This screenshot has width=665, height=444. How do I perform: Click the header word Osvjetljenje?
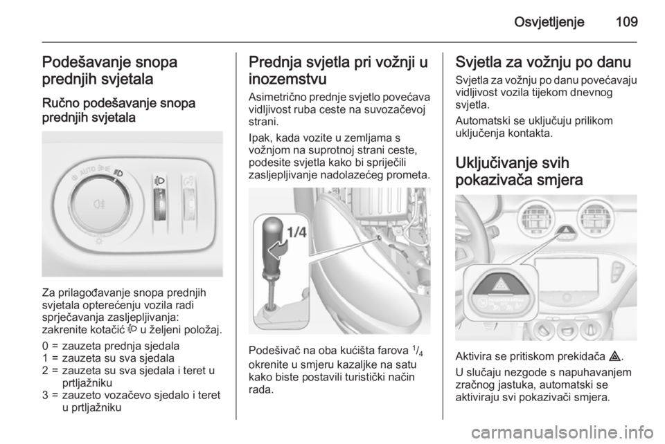coord(549,22)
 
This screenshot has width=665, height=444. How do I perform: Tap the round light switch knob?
coord(99,205)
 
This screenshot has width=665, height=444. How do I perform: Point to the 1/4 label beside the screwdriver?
coord(297,233)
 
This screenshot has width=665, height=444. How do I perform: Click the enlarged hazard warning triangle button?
coord(500,286)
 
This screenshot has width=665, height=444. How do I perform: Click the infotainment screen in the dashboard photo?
coord(566,280)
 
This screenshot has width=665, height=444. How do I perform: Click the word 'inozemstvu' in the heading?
coord(287,79)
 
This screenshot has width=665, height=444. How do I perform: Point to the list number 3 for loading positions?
coord(45,396)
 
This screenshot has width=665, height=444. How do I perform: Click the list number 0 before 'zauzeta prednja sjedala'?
coord(45,346)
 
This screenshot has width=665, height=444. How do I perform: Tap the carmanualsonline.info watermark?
coord(562,432)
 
